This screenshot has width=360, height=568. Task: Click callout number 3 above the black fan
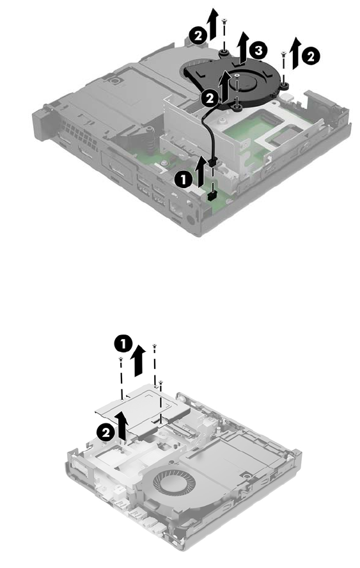click(x=258, y=51)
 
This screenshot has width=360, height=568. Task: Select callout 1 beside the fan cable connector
click(x=183, y=180)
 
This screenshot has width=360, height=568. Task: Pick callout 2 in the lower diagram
click(x=106, y=432)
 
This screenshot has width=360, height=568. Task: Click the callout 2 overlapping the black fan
click(x=209, y=99)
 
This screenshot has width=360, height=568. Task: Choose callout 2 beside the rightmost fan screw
click(x=311, y=56)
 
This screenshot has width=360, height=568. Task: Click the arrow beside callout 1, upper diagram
click(x=200, y=171)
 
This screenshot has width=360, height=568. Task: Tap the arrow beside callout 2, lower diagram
click(x=122, y=427)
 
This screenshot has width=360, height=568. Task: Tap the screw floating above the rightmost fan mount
click(x=283, y=55)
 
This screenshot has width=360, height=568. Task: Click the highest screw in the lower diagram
click(x=155, y=346)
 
